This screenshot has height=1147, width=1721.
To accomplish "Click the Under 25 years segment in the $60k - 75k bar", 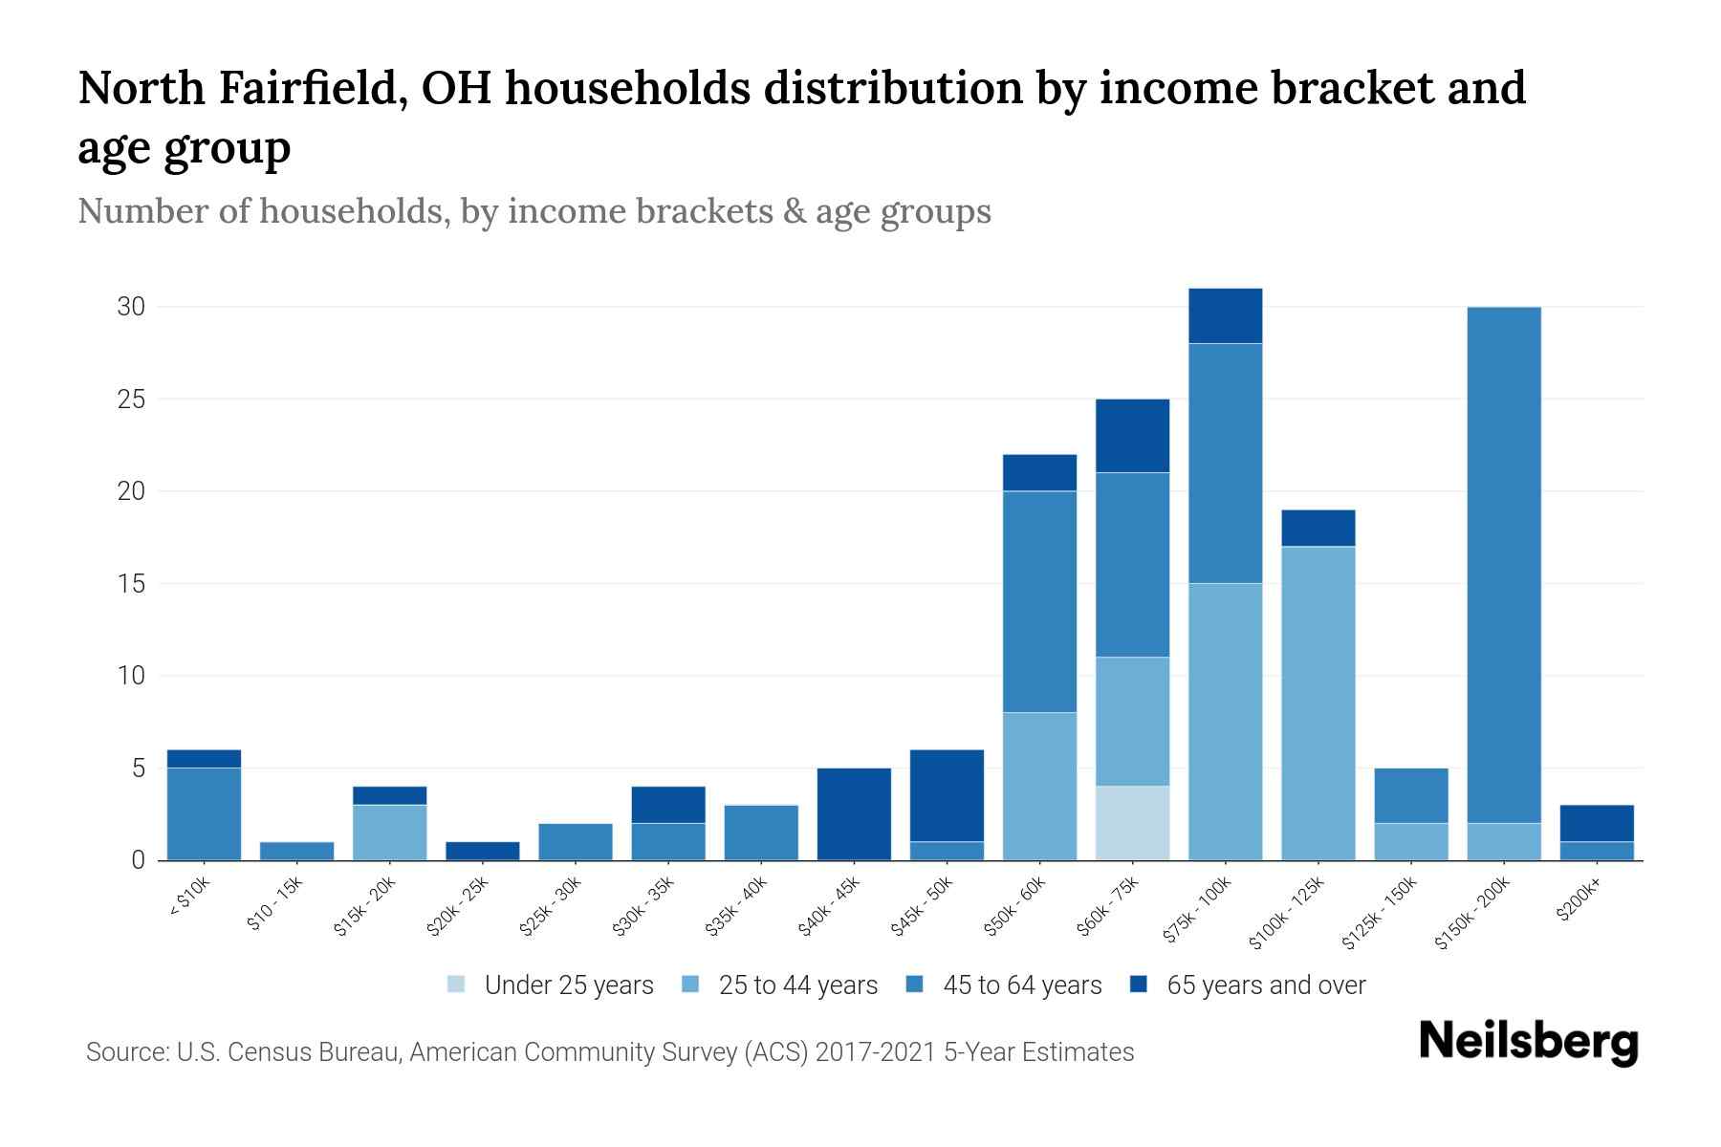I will coord(1132,823).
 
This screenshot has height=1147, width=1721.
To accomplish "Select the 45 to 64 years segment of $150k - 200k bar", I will coord(1504,564).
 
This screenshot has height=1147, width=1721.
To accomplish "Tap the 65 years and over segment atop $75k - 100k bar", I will coord(1225,315).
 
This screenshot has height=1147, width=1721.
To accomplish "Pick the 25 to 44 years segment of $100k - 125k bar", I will coord(1318,703).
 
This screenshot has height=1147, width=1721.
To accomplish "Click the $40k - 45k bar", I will coord(854,813).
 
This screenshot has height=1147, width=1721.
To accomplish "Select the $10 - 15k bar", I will coord(297,851).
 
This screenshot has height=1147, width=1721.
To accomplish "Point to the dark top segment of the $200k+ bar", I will coord(1597,823).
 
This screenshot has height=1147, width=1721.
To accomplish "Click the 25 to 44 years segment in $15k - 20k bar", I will coord(390,833).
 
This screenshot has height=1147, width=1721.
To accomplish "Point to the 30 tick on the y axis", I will coord(131,307).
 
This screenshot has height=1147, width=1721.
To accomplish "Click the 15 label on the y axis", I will coord(131,583).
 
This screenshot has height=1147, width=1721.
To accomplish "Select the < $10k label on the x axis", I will coord(189,898).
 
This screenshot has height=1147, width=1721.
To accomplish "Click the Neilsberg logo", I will coord(1528,1042).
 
